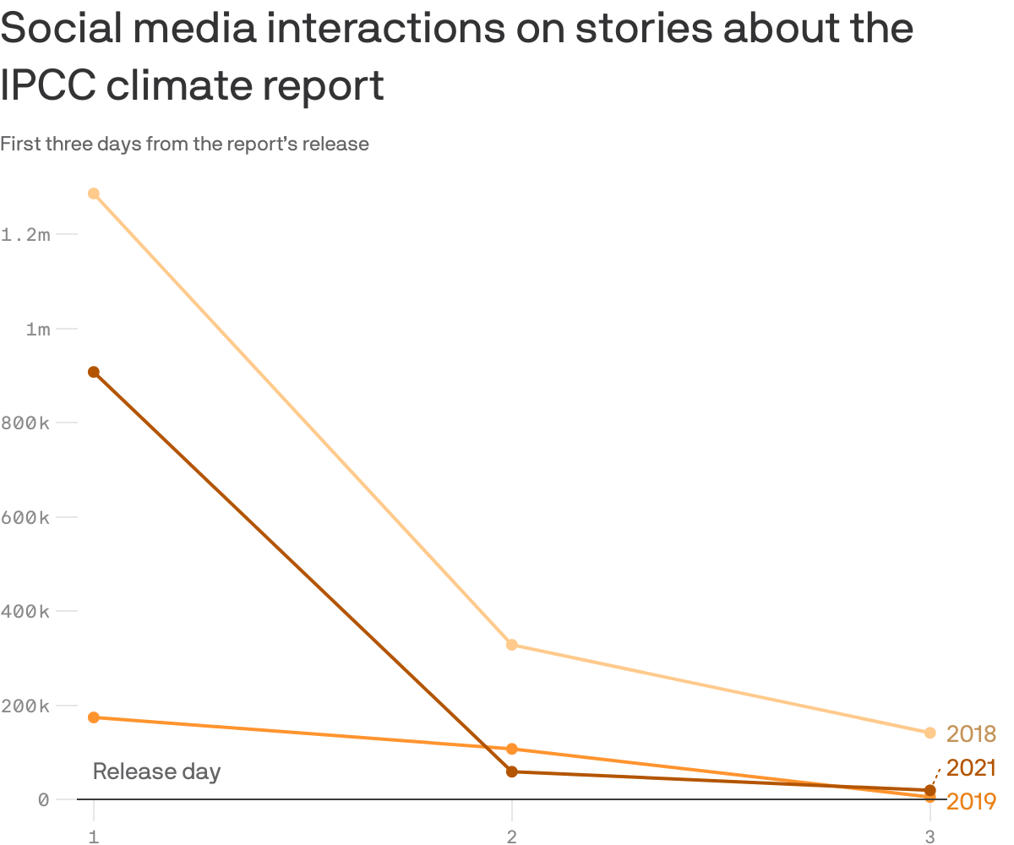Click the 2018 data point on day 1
pyautogui.click(x=94, y=194)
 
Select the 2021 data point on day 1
pyautogui.click(x=94, y=372)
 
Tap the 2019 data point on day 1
pyautogui.click(x=94, y=717)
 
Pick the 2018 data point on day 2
pyautogui.click(x=511, y=645)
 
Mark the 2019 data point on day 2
pyautogui.click(x=511, y=749)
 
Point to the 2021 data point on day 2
pyautogui.click(x=511, y=771)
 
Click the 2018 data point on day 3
pyautogui.click(x=929, y=733)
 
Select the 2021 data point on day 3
pyautogui.click(x=929, y=790)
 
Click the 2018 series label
pyautogui.click(x=971, y=734)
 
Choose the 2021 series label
pyautogui.click(x=971, y=768)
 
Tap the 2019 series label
pyautogui.click(x=971, y=801)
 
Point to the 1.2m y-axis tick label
pyautogui.click(x=26, y=234)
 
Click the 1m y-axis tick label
pyautogui.click(x=38, y=329)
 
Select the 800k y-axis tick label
pyautogui.click(x=26, y=422)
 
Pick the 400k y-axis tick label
pyautogui.click(x=26, y=611)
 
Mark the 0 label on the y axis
pyautogui.click(x=43, y=799)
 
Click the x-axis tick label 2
pyautogui.click(x=511, y=837)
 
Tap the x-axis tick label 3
pyautogui.click(x=929, y=837)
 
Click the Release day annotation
pyautogui.click(x=156, y=771)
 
